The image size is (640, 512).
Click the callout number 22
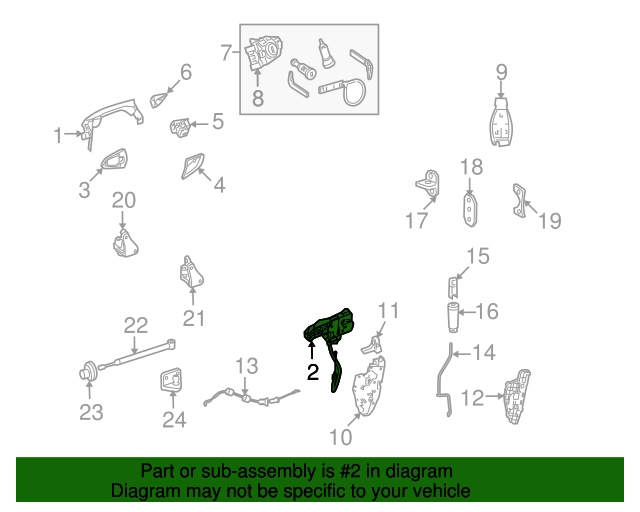pos(136,324)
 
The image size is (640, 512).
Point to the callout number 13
pos(247,366)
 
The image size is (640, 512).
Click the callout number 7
pos(226,51)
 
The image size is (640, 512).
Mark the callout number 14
pos(484,352)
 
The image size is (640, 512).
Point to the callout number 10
pos(341,436)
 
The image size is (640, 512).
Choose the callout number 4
pos(219,185)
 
